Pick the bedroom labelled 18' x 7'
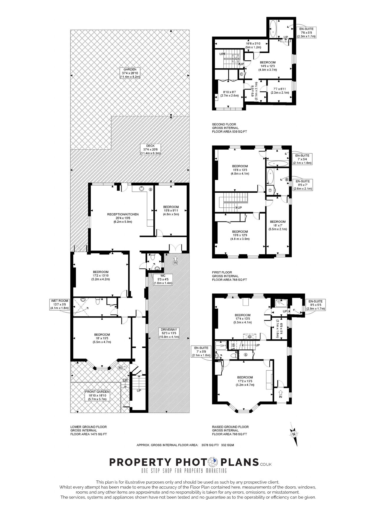pos(278,225)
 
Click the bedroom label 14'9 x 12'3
pos(268,66)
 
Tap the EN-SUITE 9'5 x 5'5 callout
pos(316,305)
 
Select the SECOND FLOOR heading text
pos(224,124)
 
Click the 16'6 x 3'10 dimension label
pos(253,45)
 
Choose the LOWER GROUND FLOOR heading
pos(89,427)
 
